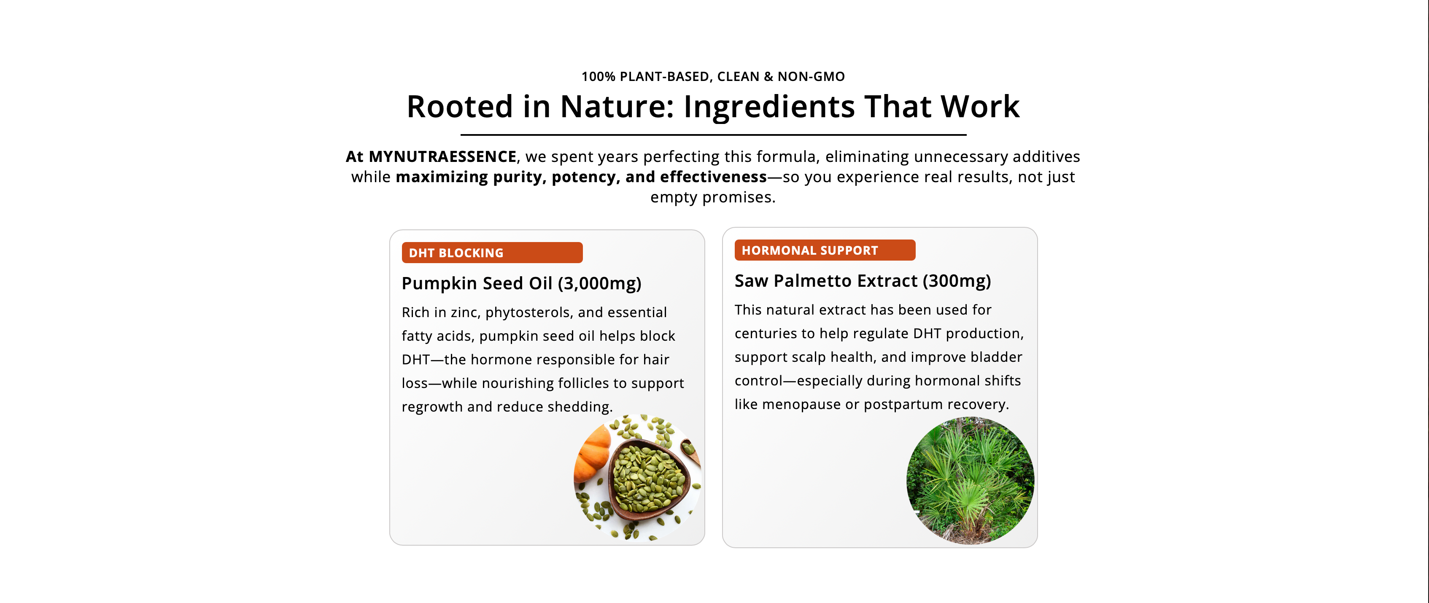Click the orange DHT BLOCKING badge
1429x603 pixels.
pos(492,253)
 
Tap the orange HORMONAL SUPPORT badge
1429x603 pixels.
pos(825,250)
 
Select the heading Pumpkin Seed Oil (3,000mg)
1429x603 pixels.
pos(521,283)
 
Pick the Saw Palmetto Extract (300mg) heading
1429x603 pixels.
pos(863,281)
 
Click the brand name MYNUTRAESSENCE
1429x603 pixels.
pos(443,156)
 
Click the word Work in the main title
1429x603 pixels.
pos(980,107)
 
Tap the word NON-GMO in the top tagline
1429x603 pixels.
pos(811,77)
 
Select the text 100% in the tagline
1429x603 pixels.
pos(599,77)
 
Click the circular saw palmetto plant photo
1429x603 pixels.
pos(970,480)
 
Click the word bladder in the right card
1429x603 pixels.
pos(996,357)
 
